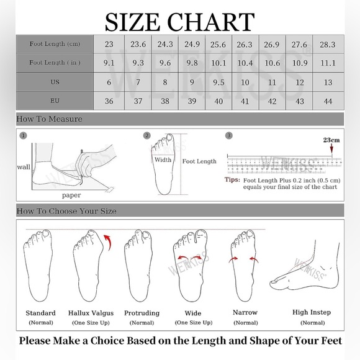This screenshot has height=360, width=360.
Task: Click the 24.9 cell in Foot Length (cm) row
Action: click(192, 44)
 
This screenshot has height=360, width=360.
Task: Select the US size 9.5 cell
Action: click(218, 82)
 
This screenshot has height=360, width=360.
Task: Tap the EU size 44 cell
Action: click(328, 101)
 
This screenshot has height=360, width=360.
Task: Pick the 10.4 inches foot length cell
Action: click(245, 63)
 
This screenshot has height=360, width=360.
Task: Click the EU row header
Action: click(55, 101)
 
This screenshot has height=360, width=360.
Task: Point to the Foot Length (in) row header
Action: click(55, 63)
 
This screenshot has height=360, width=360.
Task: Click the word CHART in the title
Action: click(211, 22)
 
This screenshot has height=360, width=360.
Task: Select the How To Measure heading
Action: click(49, 119)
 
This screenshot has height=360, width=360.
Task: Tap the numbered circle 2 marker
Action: click(147, 135)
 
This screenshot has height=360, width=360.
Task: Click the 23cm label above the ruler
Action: click(331, 140)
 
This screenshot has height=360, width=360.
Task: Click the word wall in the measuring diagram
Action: click(24, 167)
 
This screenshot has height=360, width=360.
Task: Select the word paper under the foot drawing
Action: click(71, 196)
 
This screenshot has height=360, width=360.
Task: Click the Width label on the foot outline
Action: click(163, 160)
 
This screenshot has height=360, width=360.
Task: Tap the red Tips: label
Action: click(232, 179)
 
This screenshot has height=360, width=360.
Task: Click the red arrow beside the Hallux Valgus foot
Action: click(108, 242)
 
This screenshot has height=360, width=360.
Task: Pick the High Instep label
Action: click(312, 312)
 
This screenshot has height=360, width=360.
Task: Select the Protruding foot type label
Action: click(142, 313)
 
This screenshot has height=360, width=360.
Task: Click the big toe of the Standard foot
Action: click(46, 234)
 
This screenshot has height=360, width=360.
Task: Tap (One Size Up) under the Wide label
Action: click(194, 323)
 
